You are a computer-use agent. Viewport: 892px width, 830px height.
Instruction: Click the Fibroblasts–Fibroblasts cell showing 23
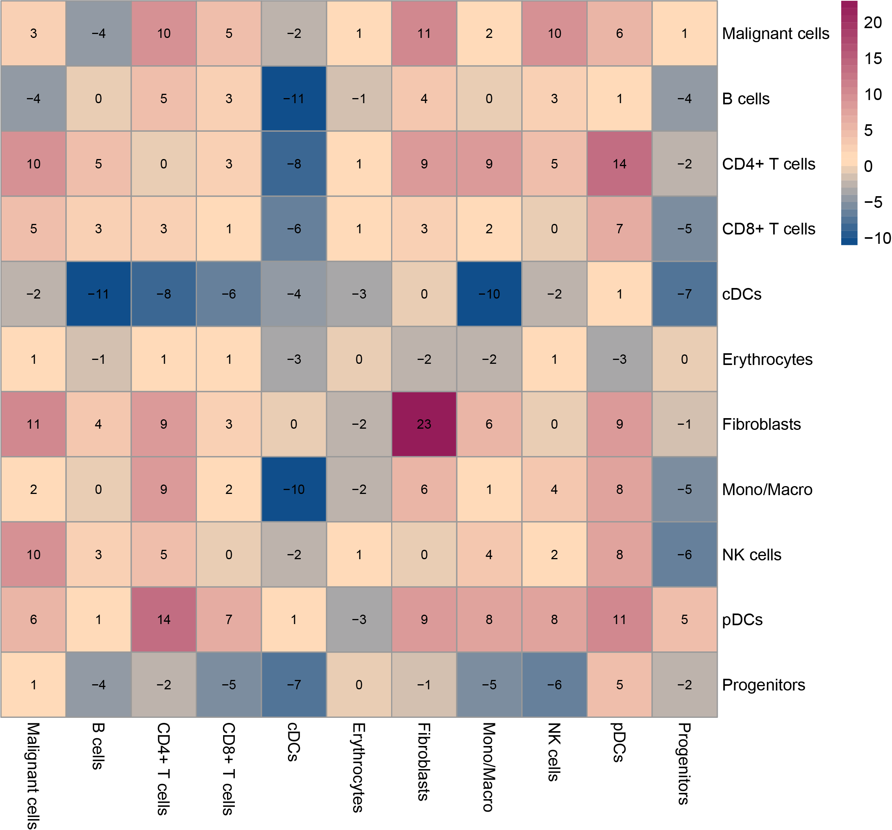point(424,424)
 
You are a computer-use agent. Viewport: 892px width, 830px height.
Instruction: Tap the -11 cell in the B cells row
point(294,99)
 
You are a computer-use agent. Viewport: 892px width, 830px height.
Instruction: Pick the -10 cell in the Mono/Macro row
point(294,489)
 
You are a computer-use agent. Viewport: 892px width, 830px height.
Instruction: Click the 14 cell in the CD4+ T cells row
point(620,164)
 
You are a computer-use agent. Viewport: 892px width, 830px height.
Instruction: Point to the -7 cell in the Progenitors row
point(294,685)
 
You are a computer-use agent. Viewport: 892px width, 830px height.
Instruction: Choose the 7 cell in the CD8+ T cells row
point(620,229)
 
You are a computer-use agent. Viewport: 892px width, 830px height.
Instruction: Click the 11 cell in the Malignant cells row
point(424,34)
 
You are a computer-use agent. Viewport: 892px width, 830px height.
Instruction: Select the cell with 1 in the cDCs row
point(620,294)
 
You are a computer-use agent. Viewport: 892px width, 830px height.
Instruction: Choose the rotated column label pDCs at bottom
point(619,742)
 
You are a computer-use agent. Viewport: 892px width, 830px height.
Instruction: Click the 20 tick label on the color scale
point(873,22)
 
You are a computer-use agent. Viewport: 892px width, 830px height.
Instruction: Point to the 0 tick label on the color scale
point(868,166)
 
